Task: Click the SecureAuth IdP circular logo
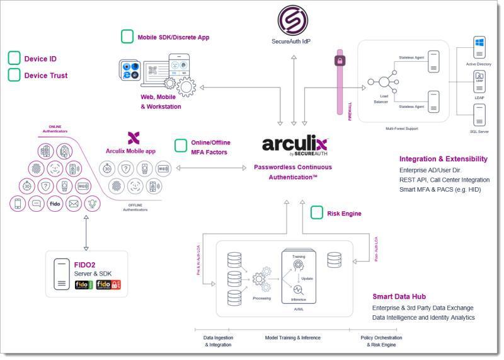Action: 293,20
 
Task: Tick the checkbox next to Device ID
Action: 14,59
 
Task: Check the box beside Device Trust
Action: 14,75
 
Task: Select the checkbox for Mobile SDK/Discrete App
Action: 127,37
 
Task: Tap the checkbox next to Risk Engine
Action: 317,213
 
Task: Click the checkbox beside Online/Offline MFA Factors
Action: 181,146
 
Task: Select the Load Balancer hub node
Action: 382,82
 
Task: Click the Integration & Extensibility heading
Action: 443,158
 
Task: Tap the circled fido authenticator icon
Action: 54,203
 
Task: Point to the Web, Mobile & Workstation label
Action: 161,102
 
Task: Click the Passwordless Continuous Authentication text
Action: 292,172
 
